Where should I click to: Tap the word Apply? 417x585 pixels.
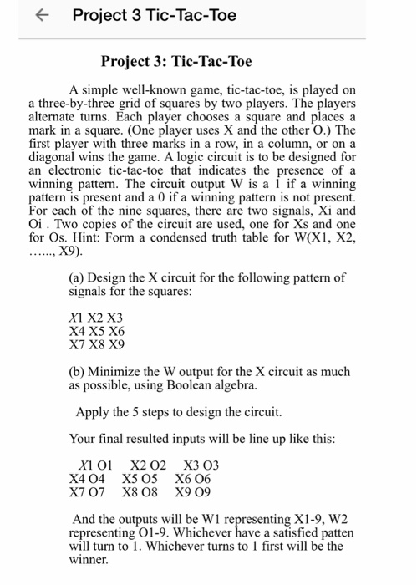pos(92,412)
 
